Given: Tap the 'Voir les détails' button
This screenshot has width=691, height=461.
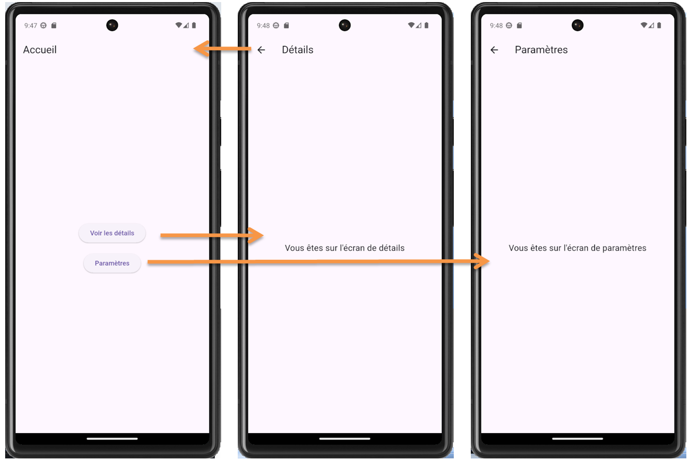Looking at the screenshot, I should [112, 233].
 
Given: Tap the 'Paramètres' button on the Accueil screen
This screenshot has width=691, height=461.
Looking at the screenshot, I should [112, 263].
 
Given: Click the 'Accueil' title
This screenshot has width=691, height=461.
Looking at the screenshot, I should [40, 50].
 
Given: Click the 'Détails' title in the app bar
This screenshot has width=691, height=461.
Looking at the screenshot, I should [298, 50].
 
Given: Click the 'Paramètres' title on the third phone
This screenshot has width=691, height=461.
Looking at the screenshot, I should [541, 50].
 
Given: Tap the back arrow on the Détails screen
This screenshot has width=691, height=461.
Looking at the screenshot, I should [262, 50].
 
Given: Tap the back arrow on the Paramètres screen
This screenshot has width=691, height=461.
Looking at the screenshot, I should [495, 50].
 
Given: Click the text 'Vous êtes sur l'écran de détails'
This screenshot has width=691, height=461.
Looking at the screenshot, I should [345, 248].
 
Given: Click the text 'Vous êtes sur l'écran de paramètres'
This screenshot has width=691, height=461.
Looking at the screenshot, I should [577, 248].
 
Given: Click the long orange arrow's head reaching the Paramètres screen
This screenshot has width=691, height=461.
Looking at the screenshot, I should [483, 261].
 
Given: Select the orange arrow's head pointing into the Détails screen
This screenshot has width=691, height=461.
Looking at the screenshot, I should [256, 235].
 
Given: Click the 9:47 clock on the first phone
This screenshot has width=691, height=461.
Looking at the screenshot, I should [30, 25].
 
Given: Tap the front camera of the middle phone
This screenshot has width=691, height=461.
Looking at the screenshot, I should [345, 25].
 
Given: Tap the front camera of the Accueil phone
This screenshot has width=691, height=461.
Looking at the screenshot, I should [112, 25].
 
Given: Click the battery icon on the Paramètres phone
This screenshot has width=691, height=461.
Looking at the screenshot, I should [659, 25].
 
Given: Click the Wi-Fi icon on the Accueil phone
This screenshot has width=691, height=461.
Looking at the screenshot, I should [179, 25].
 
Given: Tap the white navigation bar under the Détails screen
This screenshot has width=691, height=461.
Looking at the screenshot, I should [345, 439].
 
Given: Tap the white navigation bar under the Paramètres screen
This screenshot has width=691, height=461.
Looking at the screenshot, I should [577, 439].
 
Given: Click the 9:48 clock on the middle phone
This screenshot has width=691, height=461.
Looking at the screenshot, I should [263, 25].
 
